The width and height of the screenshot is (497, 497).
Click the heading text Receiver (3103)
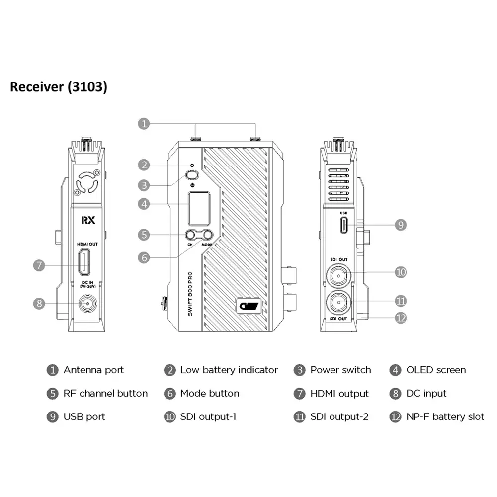coord(59,87)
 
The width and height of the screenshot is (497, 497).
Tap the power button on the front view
coord(192,175)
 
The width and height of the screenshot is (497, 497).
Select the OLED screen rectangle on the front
coord(198,208)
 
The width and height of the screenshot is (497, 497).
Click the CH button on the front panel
coord(190,236)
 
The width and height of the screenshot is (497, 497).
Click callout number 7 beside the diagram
coord(40,265)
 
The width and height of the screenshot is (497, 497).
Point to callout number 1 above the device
coord(143,124)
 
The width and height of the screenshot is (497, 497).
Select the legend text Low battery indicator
coord(229,370)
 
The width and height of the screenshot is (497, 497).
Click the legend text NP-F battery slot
coord(445,416)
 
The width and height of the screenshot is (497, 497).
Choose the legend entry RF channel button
coord(105,393)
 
